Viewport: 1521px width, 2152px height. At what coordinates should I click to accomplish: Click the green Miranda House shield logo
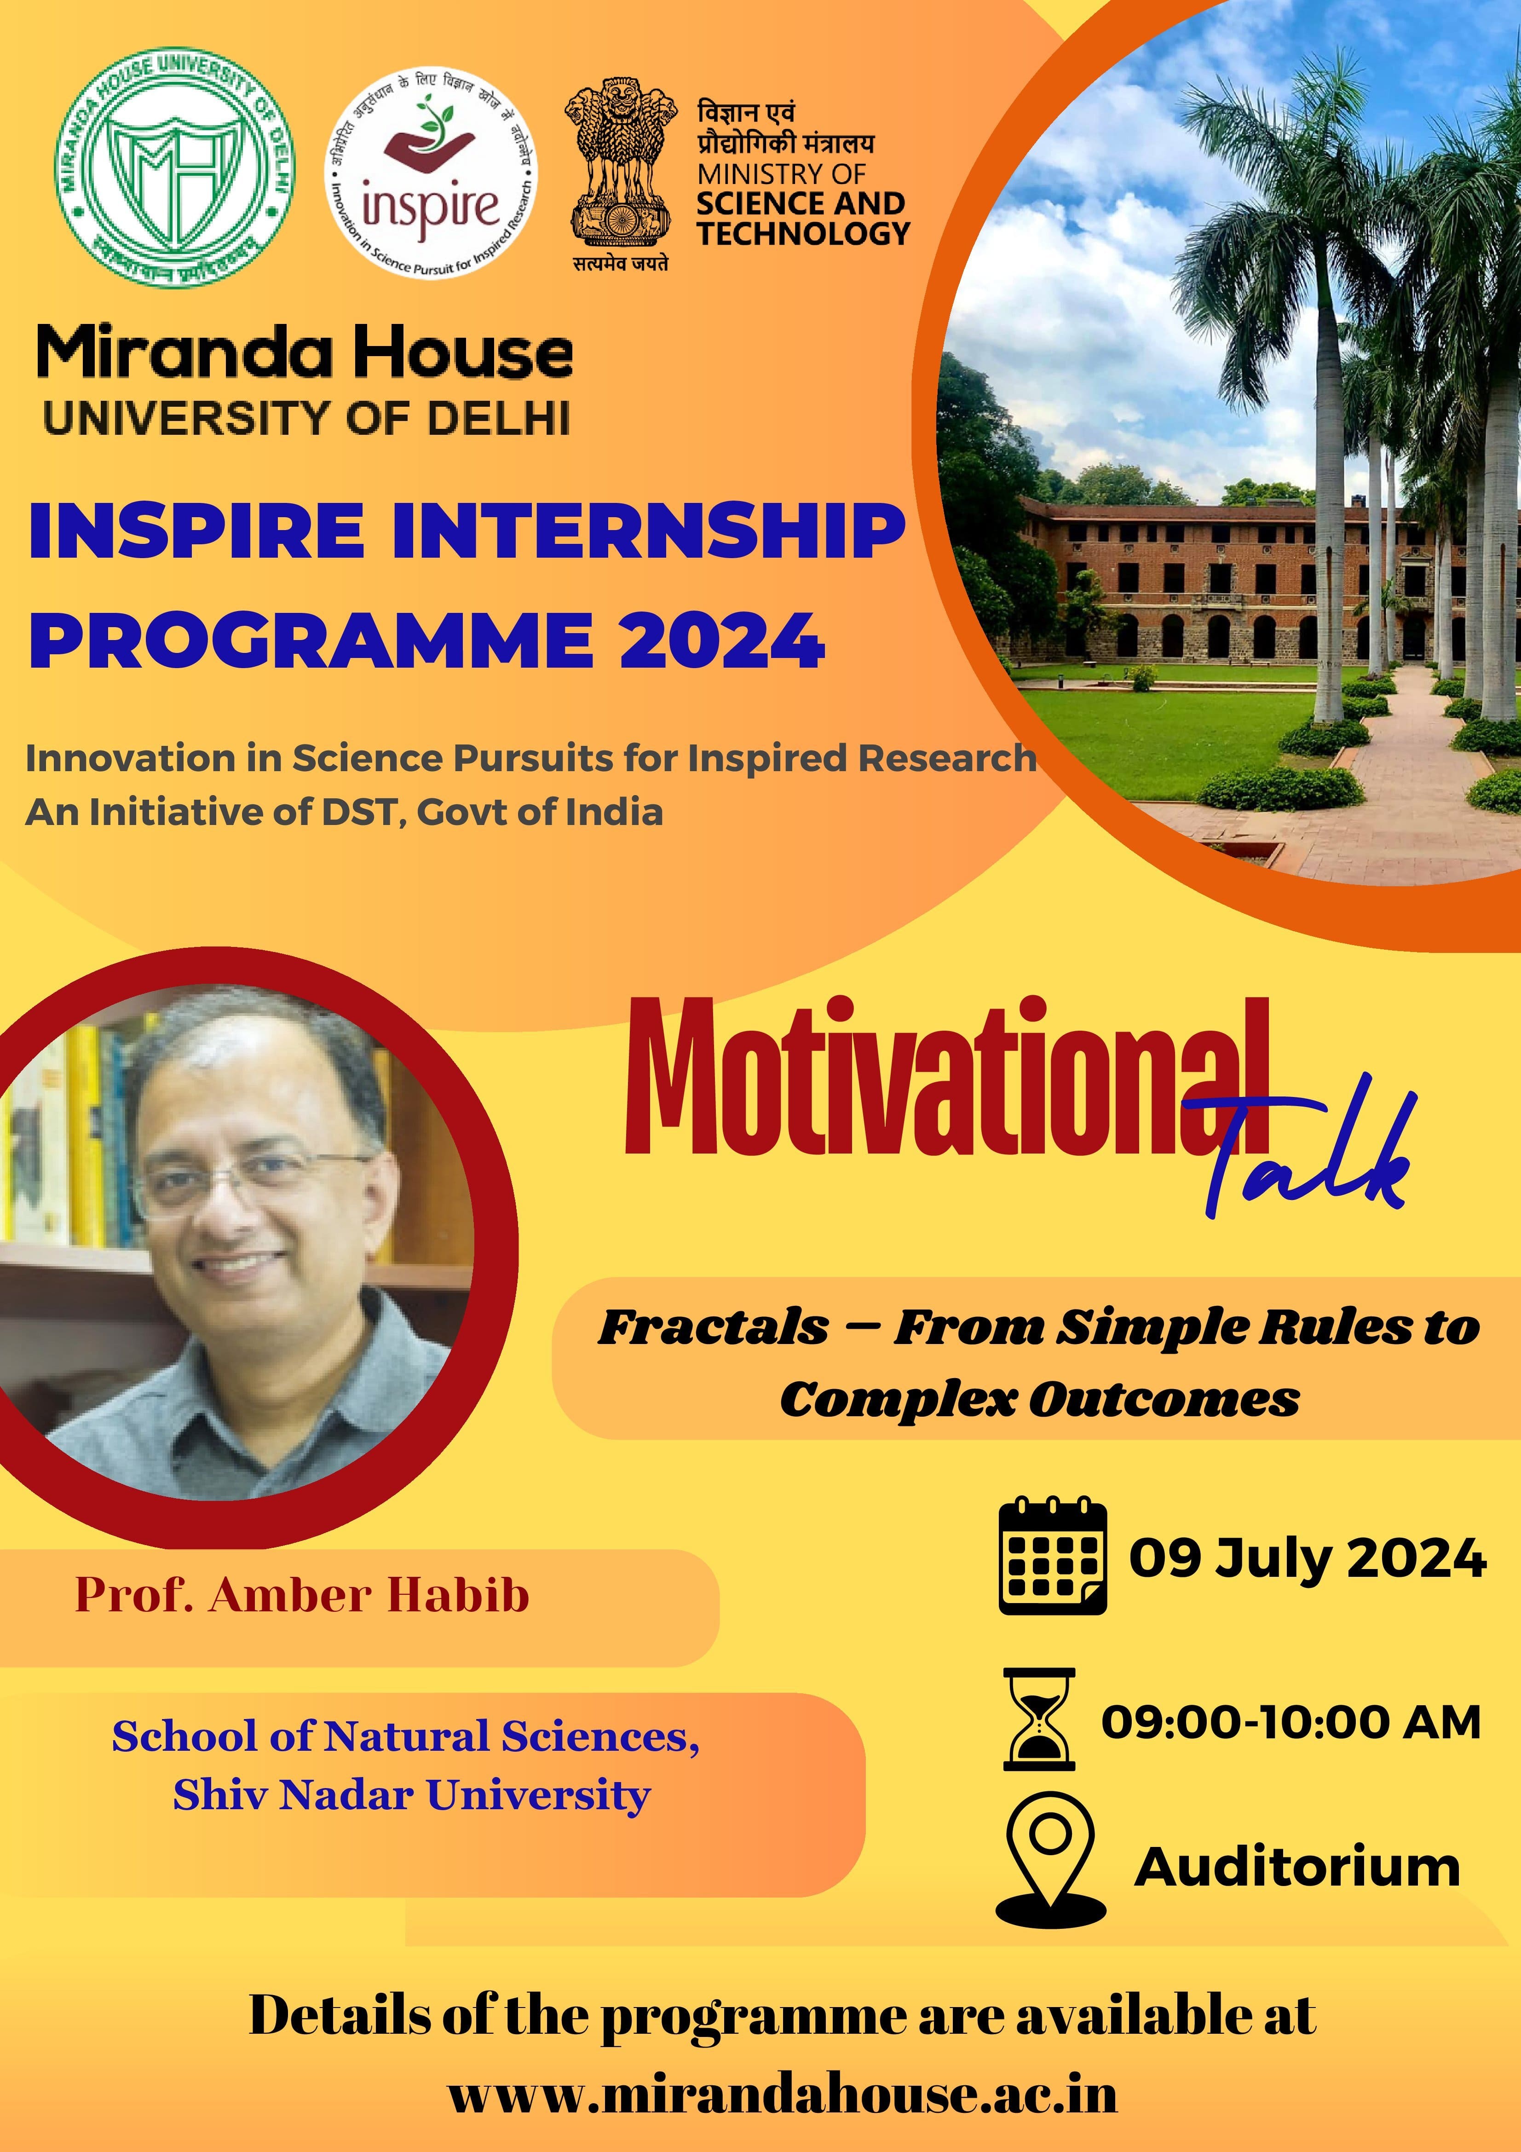point(174,169)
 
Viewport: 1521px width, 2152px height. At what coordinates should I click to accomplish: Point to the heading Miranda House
point(305,354)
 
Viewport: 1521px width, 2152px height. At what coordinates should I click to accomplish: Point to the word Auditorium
point(1298,1868)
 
